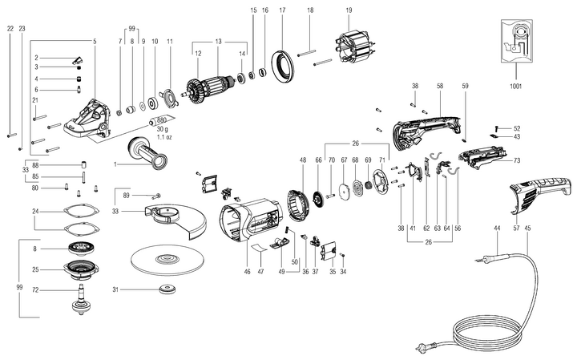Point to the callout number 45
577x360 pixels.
pos(527,229)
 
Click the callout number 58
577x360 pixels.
pos(440,84)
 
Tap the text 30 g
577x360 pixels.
pos(161,128)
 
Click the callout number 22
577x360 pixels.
pos(10,28)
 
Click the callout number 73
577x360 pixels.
pos(517,162)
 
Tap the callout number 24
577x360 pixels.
pos(35,212)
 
